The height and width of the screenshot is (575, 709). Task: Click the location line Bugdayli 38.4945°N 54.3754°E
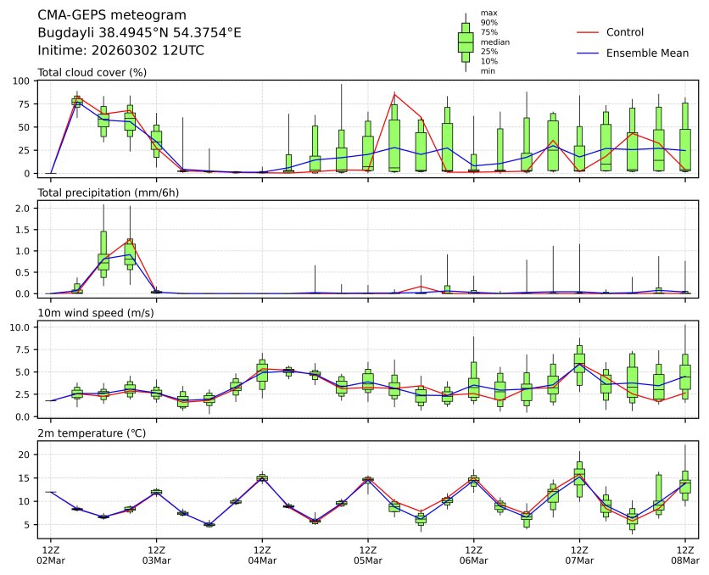pyautogui.click(x=140, y=33)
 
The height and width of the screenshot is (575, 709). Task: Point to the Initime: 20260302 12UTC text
pyautogui.click(x=121, y=51)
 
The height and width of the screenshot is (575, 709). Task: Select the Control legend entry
pyautogui.click(x=625, y=33)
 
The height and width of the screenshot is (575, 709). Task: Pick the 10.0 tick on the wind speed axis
pyautogui.click(x=20, y=327)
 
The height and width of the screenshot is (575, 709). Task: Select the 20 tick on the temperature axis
pyautogui.click(x=24, y=455)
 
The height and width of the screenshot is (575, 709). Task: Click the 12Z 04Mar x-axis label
pyautogui.click(x=262, y=555)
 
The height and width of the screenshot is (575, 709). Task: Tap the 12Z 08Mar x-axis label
pyautogui.click(x=685, y=555)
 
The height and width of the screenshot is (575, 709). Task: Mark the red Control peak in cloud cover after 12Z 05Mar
pyautogui.click(x=394, y=94)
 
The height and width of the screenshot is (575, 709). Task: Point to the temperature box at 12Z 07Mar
pyautogui.click(x=579, y=478)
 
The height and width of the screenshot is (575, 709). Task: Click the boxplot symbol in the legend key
pyautogui.click(x=466, y=42)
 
